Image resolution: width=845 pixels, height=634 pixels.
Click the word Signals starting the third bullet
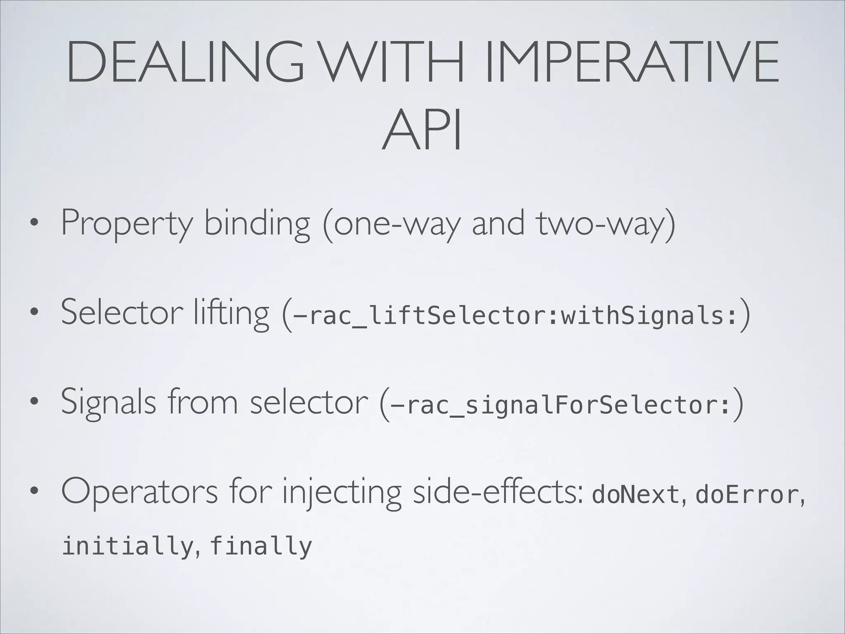coord(108,402)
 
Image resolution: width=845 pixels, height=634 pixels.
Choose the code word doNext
coord(635,495)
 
